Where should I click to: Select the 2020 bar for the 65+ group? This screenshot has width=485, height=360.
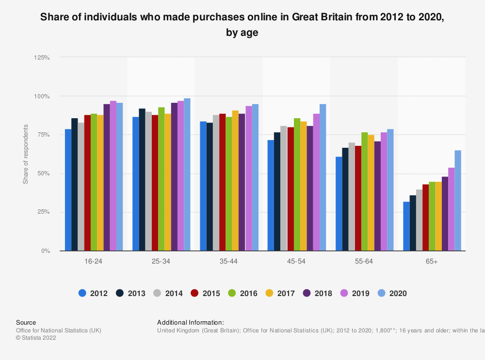[457, 201]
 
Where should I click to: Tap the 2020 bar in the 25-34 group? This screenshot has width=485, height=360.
[187, 174]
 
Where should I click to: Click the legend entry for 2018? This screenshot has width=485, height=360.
[319, 293]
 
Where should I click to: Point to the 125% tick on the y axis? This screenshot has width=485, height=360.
[42, 58]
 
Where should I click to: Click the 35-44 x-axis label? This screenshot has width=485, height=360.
[228, 262]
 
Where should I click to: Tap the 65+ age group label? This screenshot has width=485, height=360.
[432, 262]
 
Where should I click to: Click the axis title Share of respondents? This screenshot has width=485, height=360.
[26, 154]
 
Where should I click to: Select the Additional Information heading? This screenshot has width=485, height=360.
[191, 322]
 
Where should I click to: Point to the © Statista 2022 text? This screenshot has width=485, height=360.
[36, 338]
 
